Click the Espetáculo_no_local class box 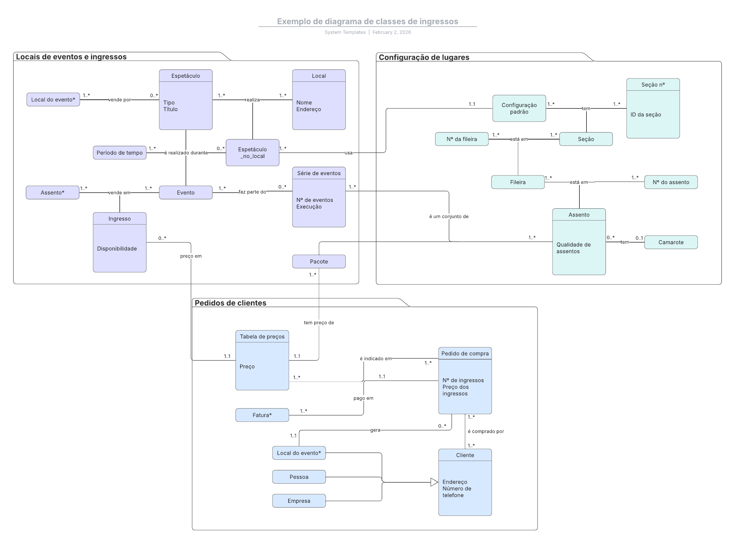[252, 153]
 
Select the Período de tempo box [120, 153]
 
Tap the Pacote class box [319, 261]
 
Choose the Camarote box [671, 242]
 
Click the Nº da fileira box [462, 139]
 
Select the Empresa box [299, 501]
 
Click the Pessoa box [299, 477]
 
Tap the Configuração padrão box [519, 108]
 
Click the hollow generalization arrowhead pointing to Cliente [435, 482]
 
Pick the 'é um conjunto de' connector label [449, 216]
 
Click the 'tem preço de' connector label [319, 322]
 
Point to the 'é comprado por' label [486, 431]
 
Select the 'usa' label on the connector [349, 153]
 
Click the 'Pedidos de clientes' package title [230, 303]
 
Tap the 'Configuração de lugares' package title [424, 57]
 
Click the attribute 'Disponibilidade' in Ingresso [117, 248]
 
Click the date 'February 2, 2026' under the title [391, 32]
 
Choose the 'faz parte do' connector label [252, 192]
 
